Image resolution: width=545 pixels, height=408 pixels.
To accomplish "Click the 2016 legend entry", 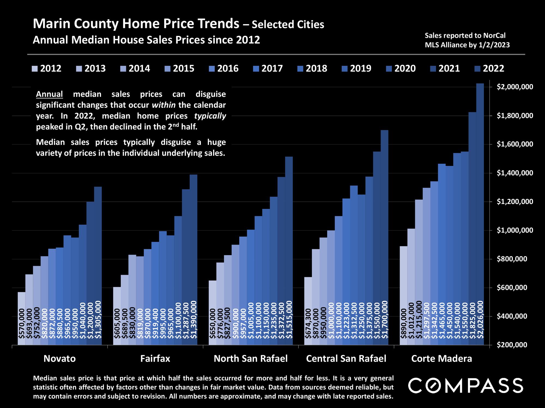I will coord(224,68).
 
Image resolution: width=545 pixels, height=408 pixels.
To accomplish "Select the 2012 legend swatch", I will coord(35,68).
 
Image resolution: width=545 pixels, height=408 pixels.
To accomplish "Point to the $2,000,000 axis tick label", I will coord(511,87).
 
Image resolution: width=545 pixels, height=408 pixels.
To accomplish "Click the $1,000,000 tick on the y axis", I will coord(511,230).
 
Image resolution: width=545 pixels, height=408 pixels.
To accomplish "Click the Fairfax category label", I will coord(155,358).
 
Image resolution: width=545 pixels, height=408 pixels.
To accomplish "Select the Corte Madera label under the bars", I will coord(441,358).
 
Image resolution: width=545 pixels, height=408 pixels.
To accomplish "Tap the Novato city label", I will coord(60,358).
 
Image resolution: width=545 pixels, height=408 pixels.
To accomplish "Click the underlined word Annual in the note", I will coord(49,94).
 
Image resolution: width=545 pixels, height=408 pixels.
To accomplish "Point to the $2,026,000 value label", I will coord(480,320).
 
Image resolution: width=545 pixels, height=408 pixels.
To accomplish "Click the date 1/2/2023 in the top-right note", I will coord(494,45).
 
